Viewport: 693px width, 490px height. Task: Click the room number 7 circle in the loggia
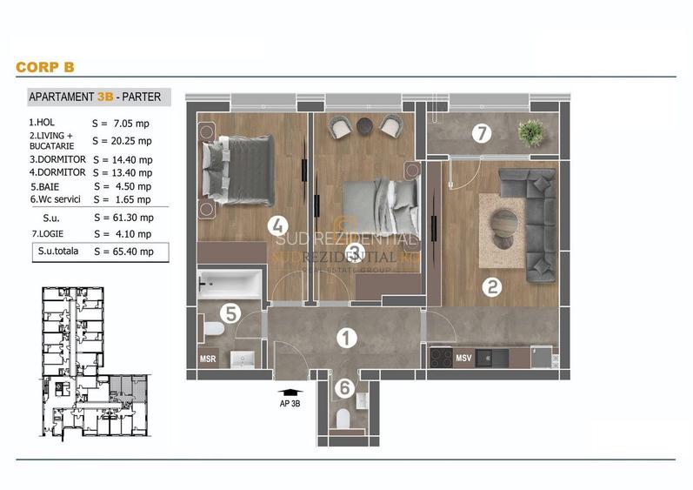click(x=482, y=133)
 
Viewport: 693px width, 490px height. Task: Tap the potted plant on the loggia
click(x=530, y=132)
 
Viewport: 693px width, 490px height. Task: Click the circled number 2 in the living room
click(x=492, y=285)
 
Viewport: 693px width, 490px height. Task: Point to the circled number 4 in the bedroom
click(x=278, y=227)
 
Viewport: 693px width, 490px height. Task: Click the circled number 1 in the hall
click(x=346, y=337)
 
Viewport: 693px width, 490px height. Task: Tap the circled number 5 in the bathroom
click(x=230, y=312)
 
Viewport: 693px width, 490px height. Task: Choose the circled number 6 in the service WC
click(x=345, y=389)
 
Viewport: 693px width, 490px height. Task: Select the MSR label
click(x=209, y=359)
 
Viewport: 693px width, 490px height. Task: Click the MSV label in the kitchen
click(x=463, y=357)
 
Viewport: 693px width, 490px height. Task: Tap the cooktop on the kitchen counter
click(x=441, y=357)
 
